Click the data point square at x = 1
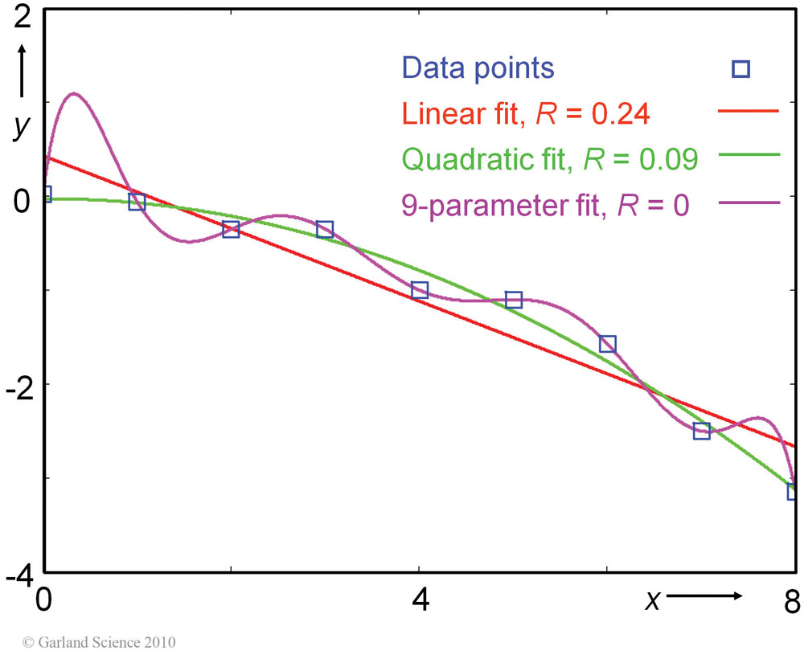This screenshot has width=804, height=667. [137, 202]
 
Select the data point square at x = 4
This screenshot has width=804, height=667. [420, 290]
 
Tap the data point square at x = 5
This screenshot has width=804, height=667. [514, 300]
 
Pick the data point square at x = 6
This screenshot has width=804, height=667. [608, 344]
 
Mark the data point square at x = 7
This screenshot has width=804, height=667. [702, 431]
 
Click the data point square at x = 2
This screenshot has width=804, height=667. [231, 229]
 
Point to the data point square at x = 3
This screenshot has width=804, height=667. [325, 230]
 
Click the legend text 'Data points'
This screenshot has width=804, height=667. [478, 68]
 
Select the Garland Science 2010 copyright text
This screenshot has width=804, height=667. [100, 643]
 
